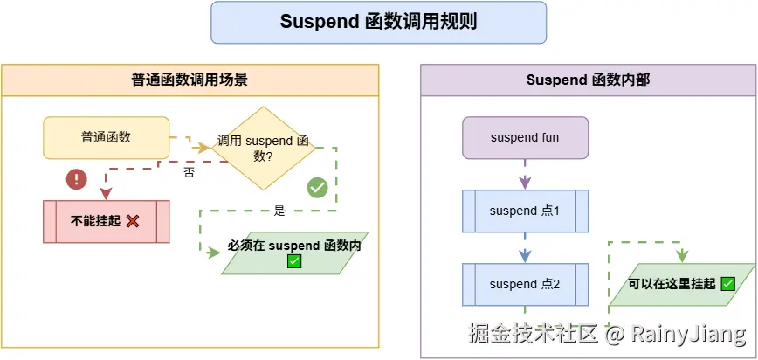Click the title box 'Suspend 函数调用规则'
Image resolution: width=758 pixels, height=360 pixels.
(x=378, y=22)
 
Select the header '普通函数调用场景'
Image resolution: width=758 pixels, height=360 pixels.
(x=189, y=80)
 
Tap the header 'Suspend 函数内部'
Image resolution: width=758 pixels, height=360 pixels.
(x=588, y=80)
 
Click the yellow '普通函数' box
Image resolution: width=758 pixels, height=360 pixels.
(x=106, y=137)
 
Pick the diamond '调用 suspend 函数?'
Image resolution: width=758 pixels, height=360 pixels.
(x=263, y=147)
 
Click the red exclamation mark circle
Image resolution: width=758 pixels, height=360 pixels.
(x=78, y=179)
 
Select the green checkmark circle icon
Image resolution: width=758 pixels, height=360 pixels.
(x=318, y=187)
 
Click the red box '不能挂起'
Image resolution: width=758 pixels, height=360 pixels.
(x=105, y=221)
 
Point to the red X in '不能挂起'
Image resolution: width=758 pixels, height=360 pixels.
(x=133, y=221)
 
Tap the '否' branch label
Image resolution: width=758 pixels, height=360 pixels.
(x=189, y=172)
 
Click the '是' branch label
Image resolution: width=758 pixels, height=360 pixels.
(x=279, y=211)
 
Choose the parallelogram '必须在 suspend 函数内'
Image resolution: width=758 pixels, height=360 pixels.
(x=294, y=253)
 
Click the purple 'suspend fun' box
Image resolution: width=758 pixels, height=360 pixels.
(x=525, y=137)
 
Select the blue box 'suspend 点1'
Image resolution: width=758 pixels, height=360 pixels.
(x=525, y=211)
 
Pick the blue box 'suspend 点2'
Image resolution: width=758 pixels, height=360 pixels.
(x=525, y=284)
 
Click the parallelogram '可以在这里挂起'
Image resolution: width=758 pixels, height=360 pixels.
(x=681, y=284)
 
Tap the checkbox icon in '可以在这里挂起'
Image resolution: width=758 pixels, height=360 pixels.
(x=727, y=284)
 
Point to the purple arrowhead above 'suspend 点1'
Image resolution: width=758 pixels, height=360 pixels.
(x=525, y=183)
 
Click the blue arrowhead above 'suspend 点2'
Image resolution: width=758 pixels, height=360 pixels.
(x=525, y=257)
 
